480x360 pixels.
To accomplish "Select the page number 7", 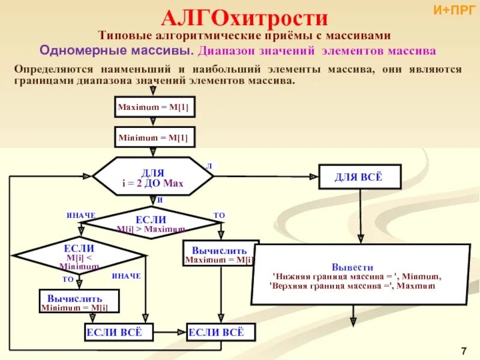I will (464, 350).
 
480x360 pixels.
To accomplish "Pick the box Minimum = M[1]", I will (153, 137).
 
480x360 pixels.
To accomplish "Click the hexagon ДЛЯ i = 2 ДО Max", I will (152, 176).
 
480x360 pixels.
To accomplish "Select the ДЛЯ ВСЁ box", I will (359, 176).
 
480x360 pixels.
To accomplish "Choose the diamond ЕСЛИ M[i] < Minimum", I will (79, 256).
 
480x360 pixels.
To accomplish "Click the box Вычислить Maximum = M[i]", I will (220, 254).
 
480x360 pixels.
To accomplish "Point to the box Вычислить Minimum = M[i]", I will (79, 301).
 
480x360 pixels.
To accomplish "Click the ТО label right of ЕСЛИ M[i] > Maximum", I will (219, 215).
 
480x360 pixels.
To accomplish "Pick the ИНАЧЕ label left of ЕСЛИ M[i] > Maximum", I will (81, 215).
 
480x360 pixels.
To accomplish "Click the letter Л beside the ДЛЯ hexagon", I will (209, 165).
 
